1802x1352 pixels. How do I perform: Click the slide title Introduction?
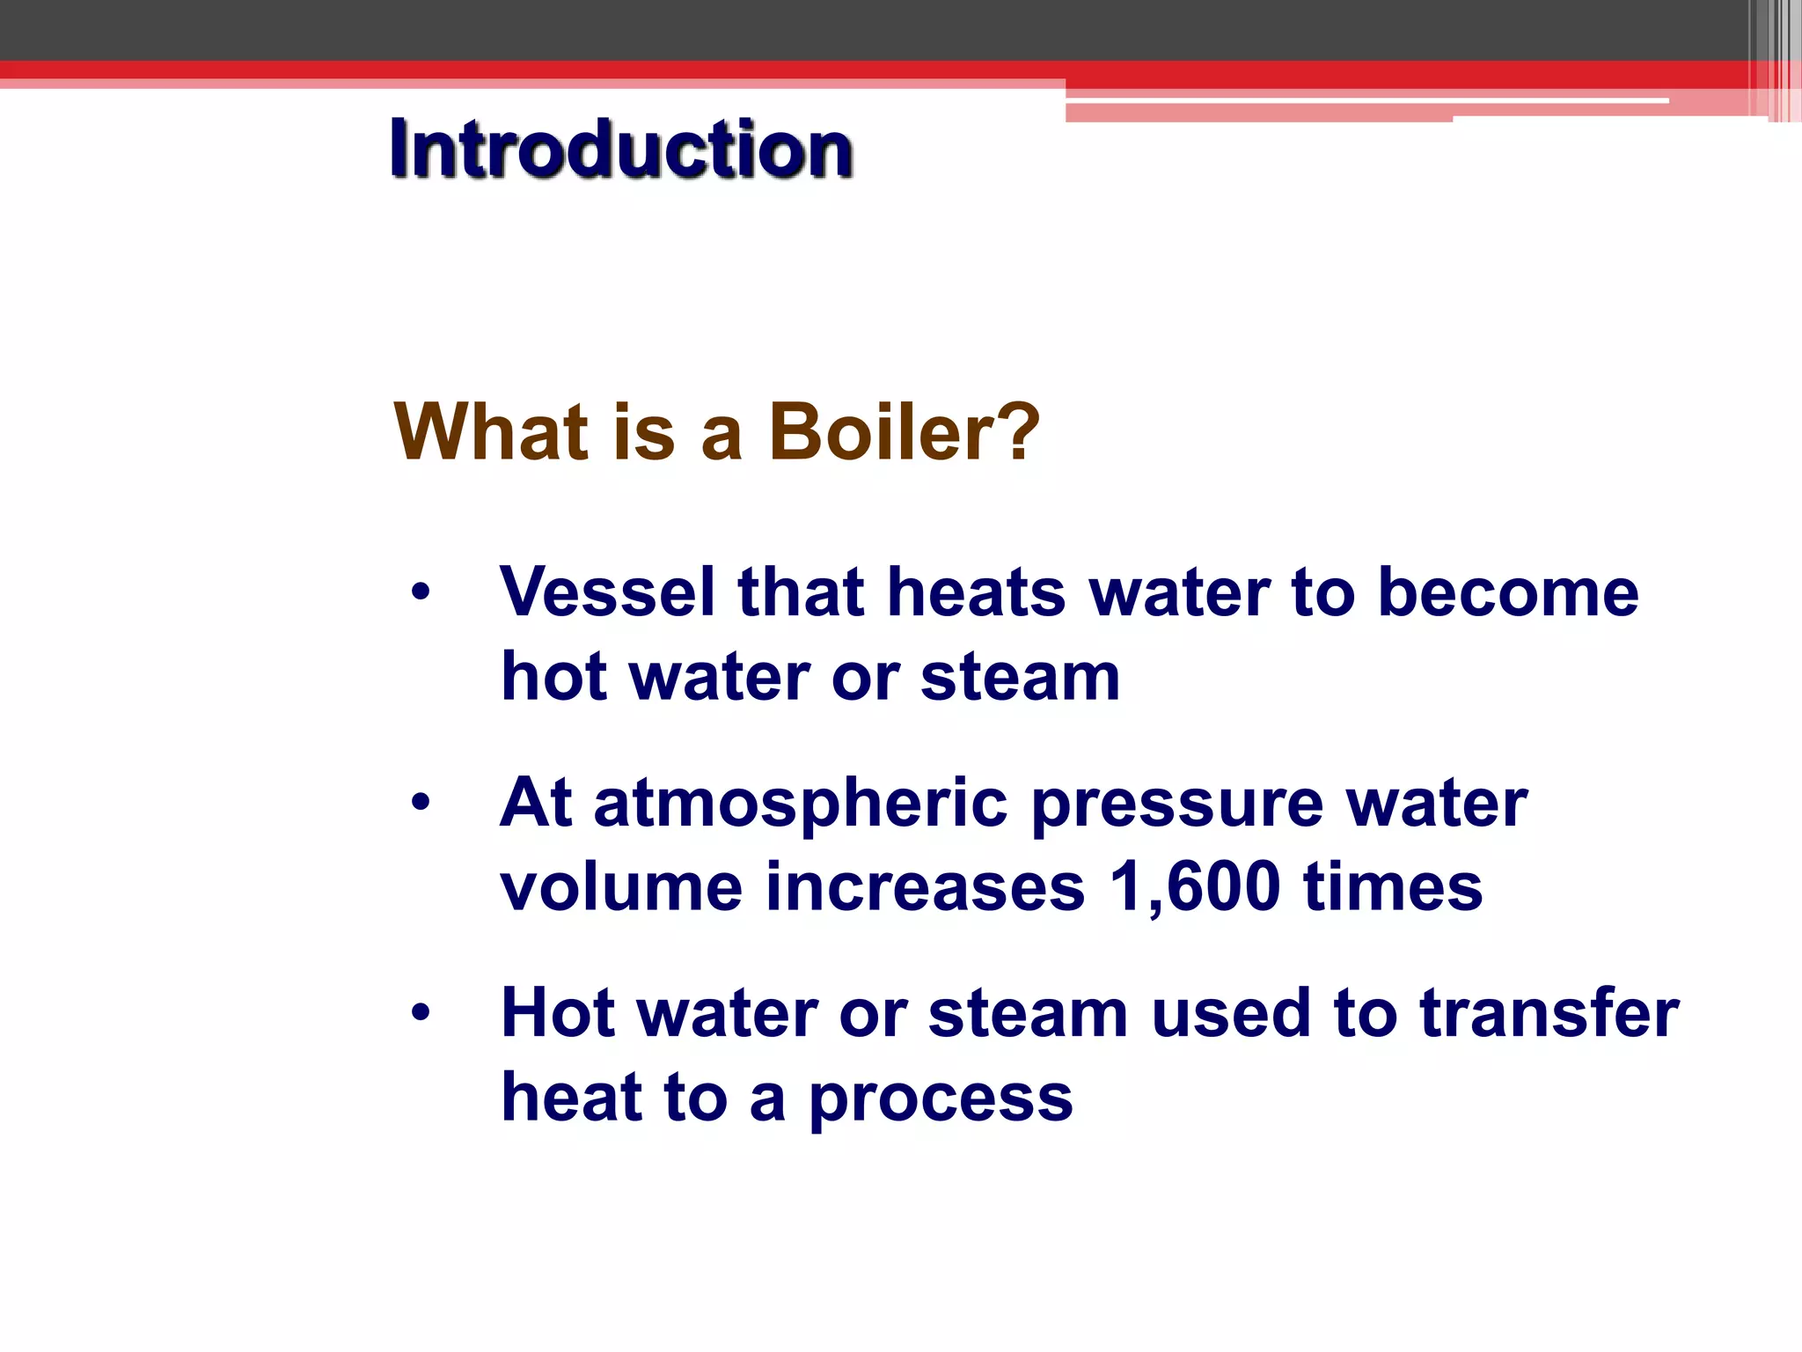[x=621, y=150]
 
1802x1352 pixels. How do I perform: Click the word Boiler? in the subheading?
[x=904, y=431]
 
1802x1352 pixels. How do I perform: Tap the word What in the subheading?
[x=490, y=431]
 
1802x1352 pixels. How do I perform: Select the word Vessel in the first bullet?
[x=607, y=591]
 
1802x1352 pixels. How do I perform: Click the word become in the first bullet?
[x=1507, y=591]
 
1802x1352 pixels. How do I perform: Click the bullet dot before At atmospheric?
[x=421, y=802]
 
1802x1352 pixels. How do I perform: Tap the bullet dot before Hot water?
[x=421, y=1012]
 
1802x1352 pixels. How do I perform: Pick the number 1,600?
[x=1194, y=886]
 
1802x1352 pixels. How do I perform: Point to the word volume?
[x=621, y=886]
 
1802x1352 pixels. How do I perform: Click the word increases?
[x=925, y=886]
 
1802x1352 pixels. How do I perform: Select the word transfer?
[x=1549, y=1012]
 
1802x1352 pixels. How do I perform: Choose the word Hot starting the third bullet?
[x=557, y=1012]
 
